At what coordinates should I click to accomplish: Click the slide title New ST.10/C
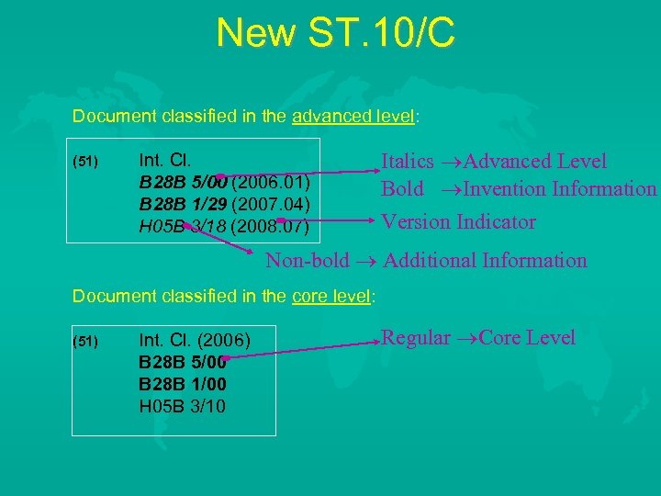click(335, 33)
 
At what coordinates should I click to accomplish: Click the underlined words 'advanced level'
click(353, 117)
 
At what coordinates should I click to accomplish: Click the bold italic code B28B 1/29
click(183, 201)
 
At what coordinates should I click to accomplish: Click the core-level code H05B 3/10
click(182, 405)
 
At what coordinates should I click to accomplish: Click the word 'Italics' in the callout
click(408, 162)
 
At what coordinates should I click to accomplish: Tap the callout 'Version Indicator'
click(458, 221)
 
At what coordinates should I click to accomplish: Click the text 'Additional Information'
click(485, 261)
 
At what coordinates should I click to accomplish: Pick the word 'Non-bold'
click(308, 261)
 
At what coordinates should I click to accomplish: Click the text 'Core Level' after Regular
click(526, 337)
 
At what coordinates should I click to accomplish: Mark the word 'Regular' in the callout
click(416, 337)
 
